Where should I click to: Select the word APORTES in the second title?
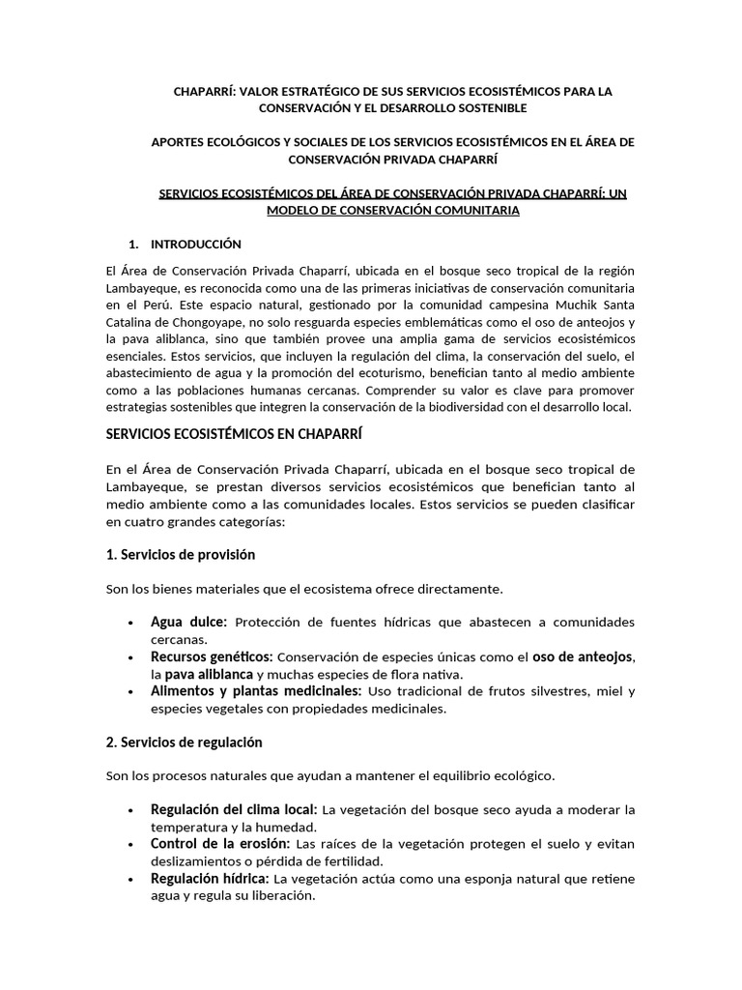182,142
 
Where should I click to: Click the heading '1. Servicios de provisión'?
180,555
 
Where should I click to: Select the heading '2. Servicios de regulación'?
184,742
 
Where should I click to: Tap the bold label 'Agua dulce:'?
188,622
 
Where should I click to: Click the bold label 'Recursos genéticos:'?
212,656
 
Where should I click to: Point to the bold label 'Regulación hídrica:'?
211,879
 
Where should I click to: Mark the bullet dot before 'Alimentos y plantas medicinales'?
129,692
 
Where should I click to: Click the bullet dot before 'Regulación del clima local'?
129,810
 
